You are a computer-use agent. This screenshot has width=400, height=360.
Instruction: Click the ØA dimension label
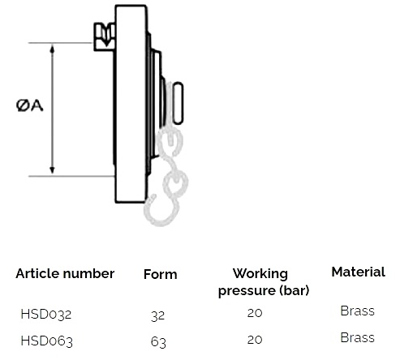[29, 105]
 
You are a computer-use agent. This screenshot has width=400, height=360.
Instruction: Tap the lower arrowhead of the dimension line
[53, 170]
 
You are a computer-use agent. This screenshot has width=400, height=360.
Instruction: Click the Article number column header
[65, 273]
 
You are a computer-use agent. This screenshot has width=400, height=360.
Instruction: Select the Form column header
[161, 274]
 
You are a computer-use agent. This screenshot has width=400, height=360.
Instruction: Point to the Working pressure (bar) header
[264, 282]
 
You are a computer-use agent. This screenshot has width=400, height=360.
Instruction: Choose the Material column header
[359, 272]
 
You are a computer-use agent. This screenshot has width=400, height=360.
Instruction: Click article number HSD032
[46, 315]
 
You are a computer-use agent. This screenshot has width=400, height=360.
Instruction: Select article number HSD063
[46, 341]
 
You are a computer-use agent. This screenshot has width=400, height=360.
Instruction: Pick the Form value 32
[157, 315]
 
